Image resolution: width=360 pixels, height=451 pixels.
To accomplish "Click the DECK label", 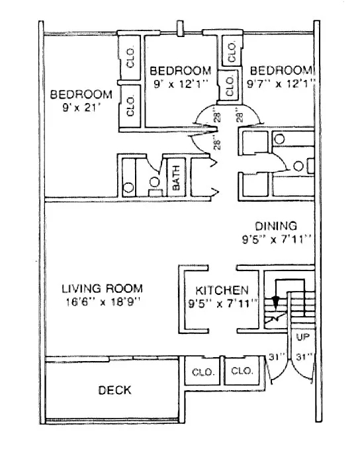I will click(114, 391).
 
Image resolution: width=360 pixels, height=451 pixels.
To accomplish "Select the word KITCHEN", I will click(222, 290).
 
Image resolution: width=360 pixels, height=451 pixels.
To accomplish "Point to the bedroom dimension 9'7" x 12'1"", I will click(281, 83).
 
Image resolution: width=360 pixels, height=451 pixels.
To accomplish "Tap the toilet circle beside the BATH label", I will click(155, 181).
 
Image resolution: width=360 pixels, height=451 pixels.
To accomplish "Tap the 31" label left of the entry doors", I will click(277, 358).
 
